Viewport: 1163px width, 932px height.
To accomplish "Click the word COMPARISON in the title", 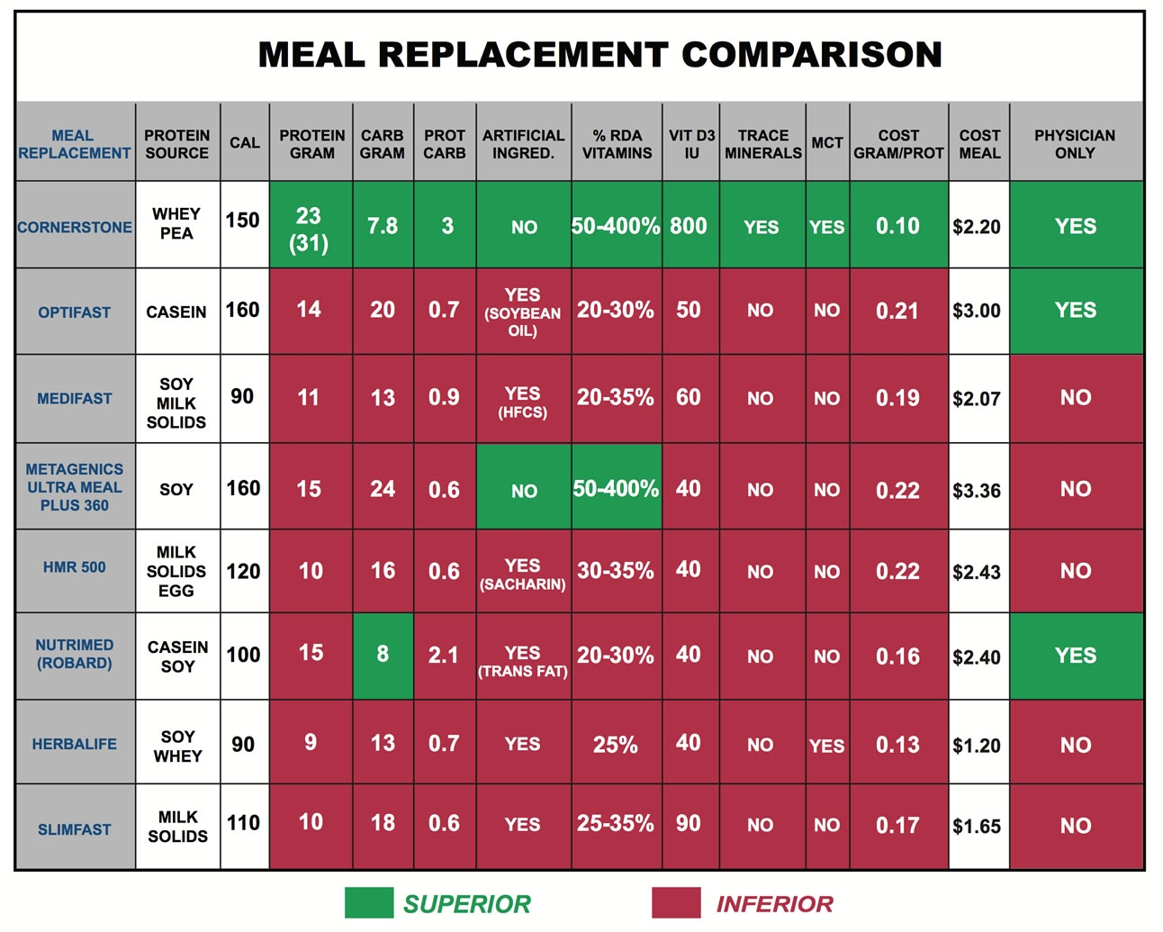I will click(x=811, y=55).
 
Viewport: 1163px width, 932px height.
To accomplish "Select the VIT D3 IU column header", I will click(x=690, y=144).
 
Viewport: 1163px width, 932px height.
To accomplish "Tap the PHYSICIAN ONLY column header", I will click(x=1075, y=144).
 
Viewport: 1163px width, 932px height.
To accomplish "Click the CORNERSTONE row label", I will click(x=75, y=228).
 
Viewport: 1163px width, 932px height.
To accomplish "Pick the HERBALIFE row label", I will click(x=75, y=745).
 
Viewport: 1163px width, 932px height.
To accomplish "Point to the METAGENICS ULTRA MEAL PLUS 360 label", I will click(x=75, y=487).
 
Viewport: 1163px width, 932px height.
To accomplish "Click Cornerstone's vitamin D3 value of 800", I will click(x=689, y=226).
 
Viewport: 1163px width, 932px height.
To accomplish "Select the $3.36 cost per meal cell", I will click(x=977, y=491).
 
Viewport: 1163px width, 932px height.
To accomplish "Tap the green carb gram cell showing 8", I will click(x=383, y=654).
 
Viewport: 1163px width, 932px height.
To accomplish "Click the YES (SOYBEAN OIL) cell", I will click(x=523, y=312).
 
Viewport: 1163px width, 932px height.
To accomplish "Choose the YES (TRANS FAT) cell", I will click(x=523, y=661).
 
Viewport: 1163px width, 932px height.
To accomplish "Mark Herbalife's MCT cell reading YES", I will click(x=826, y=747).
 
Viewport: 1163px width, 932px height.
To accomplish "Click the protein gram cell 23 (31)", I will click(x=309, y=229).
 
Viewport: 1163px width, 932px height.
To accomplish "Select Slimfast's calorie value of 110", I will click(x=243, y=823).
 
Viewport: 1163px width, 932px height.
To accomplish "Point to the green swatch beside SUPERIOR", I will click(x=369, y=903).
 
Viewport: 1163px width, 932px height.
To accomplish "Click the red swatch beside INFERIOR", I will click(x=676, y=903).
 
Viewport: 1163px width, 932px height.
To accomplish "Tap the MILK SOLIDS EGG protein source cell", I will click(x=176, y=572).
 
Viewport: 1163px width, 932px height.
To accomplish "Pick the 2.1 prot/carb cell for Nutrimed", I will click(x=444, y=656).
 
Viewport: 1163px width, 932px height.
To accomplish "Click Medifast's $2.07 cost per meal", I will click(x=977, y=399).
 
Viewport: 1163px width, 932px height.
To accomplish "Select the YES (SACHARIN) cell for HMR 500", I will click(x=523, y=574).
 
